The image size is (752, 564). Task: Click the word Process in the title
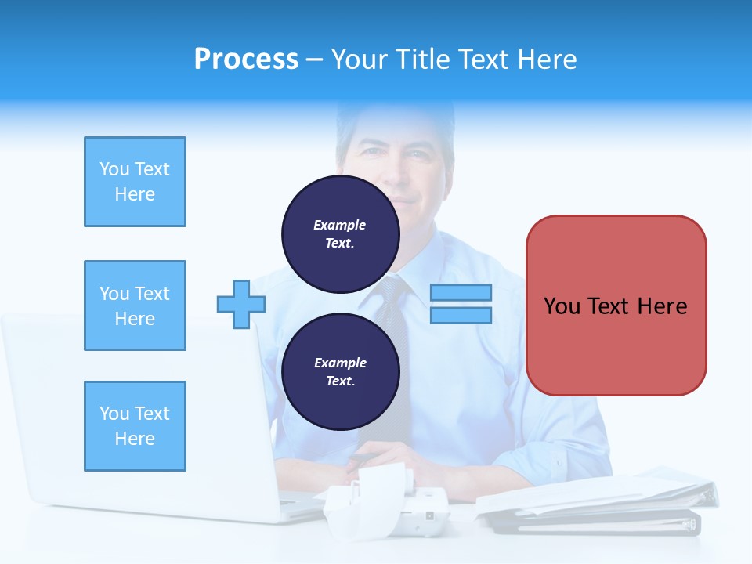pos(246,60)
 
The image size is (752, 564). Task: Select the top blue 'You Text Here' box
pos(135,182)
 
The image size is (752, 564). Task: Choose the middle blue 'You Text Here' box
pos(135,305)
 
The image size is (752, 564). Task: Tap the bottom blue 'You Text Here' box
pos(135,426)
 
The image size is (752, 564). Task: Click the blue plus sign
pos(240,305)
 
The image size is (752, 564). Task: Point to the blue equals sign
pos(461,304)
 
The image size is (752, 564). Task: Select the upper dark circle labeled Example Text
pos(340,233)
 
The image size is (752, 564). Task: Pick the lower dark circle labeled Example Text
pos(340,371)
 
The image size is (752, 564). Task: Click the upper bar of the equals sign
pos(461,293)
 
